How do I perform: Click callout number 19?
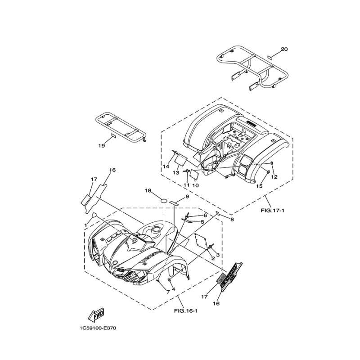point(102,146)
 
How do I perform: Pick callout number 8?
point(232,220)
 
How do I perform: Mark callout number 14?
point(166,166)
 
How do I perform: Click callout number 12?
point(274,177)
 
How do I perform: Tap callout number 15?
point(259,186)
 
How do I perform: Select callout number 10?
point(195,185)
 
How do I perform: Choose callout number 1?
point(85,225)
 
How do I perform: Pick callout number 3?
point(218,255)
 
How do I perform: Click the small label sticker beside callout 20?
point(270,57)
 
